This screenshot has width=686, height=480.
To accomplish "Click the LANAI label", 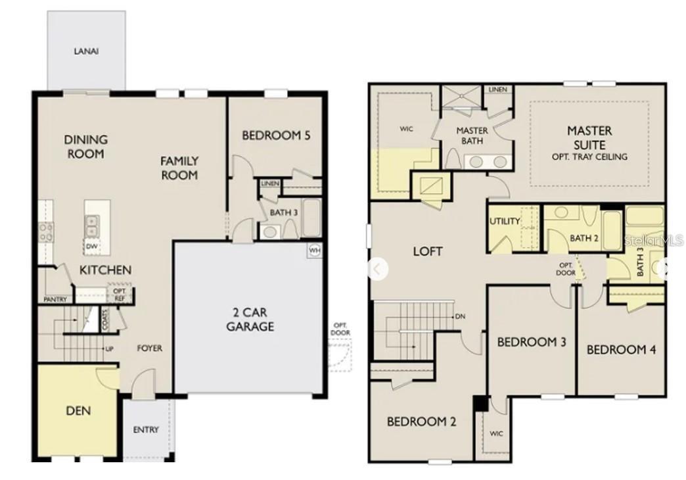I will (x=86, y=51).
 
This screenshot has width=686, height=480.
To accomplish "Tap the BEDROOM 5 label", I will (x=276, y=136).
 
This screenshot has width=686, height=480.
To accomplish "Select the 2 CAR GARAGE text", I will (x=250, y=320).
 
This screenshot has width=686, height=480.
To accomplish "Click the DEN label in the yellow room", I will (x=78, y=411).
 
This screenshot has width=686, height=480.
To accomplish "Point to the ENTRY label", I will (x=145, y=429).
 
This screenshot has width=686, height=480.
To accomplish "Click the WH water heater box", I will (x=315, y=250).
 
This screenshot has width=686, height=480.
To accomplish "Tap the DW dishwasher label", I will (x=91, y=247).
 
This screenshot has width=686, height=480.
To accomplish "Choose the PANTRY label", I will (x=55, y=299).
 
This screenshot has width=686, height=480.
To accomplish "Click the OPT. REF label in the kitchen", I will (x=119, y=293).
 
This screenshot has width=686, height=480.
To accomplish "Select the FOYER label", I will (x=149, y=348).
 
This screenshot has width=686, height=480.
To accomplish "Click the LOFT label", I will (x=427, y=251).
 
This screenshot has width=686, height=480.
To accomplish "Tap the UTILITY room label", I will (x=505, y=222).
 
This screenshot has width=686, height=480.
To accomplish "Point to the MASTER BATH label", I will (x=472, y=135).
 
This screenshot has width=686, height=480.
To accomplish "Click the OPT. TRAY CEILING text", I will (x=589, y=156).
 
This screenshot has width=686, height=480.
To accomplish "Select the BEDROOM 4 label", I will (x=621, y=350).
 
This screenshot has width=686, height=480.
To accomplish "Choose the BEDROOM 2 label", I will (x=421, y=421).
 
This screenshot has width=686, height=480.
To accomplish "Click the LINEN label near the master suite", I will (x=498, y=89).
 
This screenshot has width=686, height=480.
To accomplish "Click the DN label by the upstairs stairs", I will (x=460, y=316).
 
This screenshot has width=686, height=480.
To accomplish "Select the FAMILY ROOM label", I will (x=179, y=168).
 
